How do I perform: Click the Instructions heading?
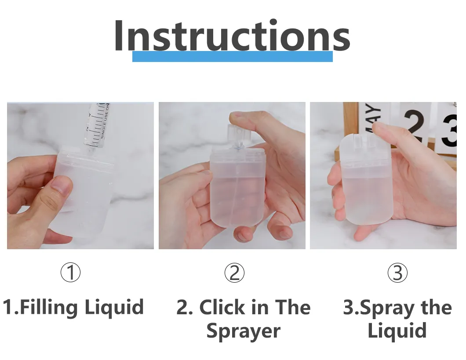[x=232, y=36]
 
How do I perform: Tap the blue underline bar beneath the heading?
[x=232, y=57]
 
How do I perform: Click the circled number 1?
[x=70, y=273]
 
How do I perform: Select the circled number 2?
[x=234, y=273]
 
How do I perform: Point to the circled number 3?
[x=397, y=273]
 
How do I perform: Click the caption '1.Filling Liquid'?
[x=73, y=307]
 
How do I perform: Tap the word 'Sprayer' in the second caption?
[x=243, y=331]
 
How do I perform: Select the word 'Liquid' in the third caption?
[x=397, y=331]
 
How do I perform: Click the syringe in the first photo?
[x=98, y=125]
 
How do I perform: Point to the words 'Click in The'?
[x=243, y=307]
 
